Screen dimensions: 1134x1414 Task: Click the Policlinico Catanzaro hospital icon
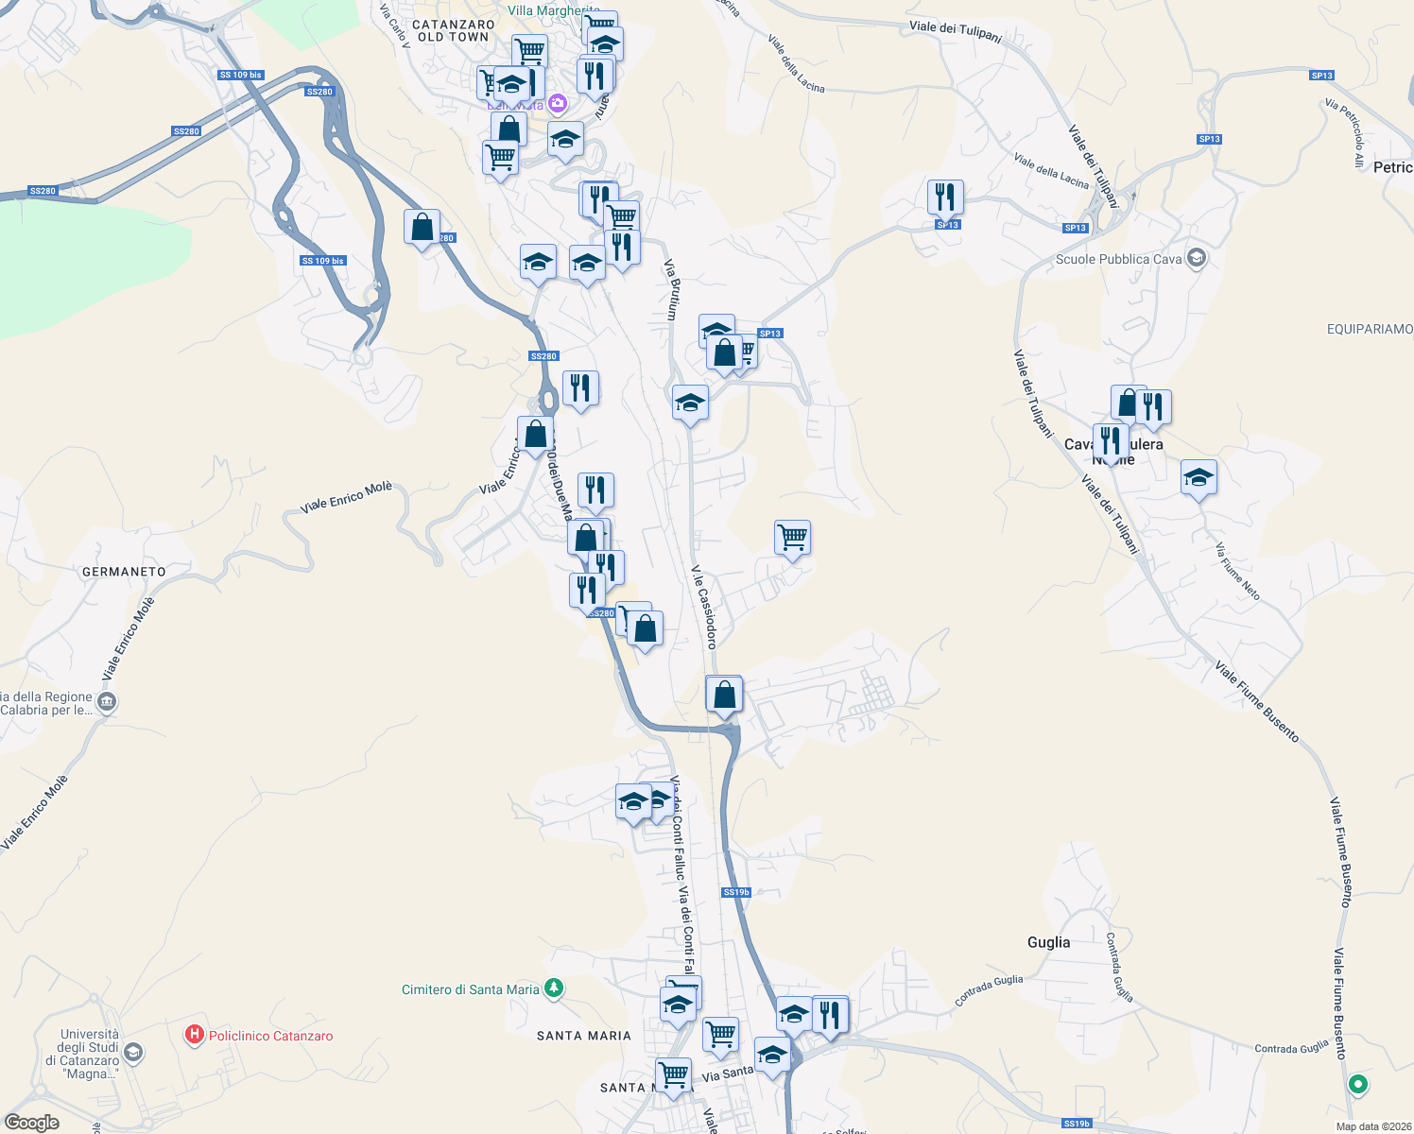pos(195,1035)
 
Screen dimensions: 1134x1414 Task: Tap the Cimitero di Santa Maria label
pos(471,989)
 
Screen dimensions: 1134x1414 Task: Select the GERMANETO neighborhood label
pos(124,572)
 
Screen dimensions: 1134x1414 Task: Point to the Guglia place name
pos(1048,942)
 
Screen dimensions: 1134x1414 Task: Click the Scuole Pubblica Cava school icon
pos(1196,258)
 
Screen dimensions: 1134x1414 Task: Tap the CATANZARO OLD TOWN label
pos(454,31)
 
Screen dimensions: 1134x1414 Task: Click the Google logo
pos(32,1123)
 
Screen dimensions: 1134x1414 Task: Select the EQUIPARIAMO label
pos(1370,329)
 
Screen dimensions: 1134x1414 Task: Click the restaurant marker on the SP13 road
pos(945,198)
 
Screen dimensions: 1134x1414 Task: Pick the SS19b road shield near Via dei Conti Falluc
pos(736,892)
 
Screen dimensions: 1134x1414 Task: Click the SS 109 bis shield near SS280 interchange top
pos(240,75)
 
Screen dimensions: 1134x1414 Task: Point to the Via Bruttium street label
pos(671,290)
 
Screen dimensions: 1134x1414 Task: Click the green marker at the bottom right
pos(1358,1084)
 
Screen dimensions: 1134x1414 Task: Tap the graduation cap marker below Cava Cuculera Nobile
pos(1198,478)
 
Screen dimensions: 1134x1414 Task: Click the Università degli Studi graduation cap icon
pos(133,1052)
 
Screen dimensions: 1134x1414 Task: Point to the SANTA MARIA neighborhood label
pos(584,1036)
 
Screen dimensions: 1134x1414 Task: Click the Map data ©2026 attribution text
pos(1370,1126)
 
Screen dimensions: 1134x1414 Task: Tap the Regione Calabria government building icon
pos(107,702)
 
